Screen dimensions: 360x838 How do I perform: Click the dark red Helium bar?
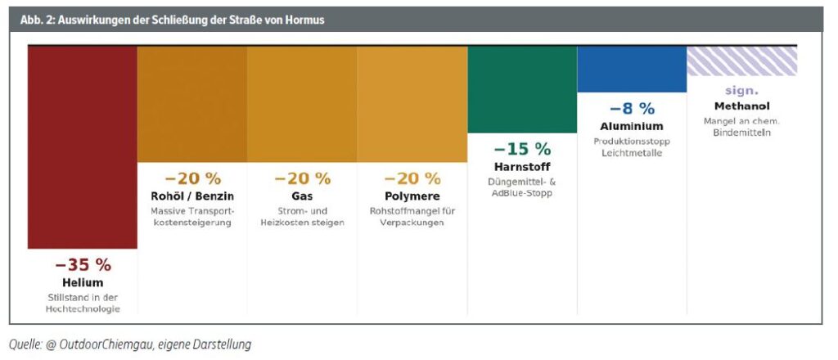click(83, 147)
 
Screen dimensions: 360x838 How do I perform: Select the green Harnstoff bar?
click(522, 89)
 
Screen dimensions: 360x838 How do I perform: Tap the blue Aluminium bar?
click(632, 69)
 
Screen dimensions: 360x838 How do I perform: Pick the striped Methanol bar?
click(741, 61)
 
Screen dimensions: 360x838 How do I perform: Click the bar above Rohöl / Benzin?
click(192, 104)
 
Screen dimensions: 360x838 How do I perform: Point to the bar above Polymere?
click(412, 104)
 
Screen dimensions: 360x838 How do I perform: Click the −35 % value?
click(83, 265)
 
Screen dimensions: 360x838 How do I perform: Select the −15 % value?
click(522, 149)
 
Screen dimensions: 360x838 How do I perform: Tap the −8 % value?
click(632, 108)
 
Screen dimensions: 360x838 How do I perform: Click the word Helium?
click(83, 283)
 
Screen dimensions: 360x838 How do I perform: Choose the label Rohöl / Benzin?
click(192, 196)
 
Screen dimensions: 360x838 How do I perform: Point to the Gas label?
click(302, 196)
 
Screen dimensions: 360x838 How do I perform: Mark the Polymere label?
click(412, 196)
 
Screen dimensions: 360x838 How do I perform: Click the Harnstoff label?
click(522, 167)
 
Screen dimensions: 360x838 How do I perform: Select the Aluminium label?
click(632, 126)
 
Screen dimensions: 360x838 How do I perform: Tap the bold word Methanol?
click(741, 106)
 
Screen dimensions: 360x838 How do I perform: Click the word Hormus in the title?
click(304, 20)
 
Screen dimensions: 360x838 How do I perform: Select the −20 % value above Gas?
click(302, 178)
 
